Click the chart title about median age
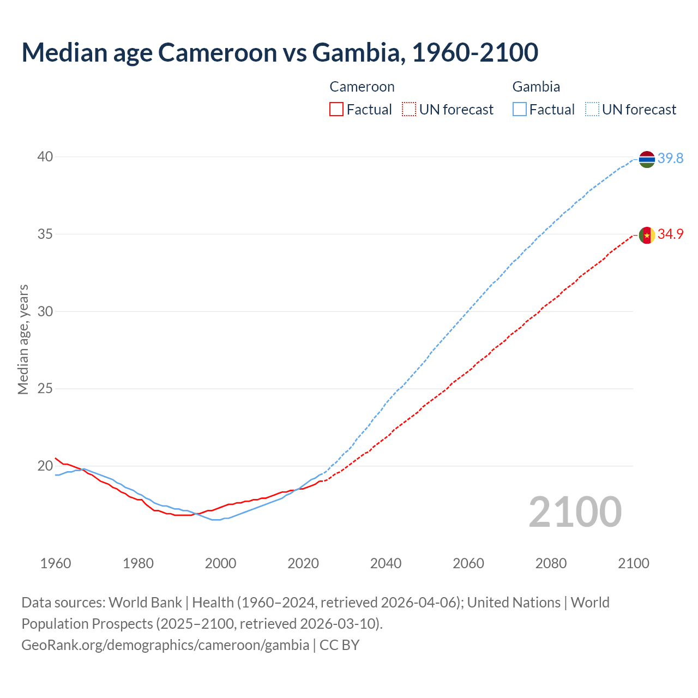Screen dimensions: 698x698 280,52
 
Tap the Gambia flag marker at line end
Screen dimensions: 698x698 647,159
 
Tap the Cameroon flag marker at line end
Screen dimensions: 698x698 647,235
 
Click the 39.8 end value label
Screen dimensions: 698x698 670,159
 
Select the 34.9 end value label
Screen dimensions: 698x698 670,234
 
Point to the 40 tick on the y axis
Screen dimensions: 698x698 45,157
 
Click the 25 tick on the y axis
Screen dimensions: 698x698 45,389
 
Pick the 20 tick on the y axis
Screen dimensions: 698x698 45,466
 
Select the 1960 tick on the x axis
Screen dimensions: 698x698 56,563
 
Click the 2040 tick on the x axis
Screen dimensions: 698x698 386,563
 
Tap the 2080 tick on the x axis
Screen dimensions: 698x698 551,563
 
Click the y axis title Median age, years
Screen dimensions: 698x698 23,339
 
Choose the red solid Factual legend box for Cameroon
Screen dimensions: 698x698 336,110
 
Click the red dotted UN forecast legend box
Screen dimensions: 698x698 409,110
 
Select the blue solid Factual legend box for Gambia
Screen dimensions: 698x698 520,110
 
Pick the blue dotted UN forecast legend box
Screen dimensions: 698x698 592,110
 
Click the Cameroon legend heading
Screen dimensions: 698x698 362,87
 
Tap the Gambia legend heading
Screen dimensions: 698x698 536,87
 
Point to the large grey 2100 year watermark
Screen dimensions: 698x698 575,512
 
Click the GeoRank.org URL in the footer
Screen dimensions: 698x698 165,645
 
